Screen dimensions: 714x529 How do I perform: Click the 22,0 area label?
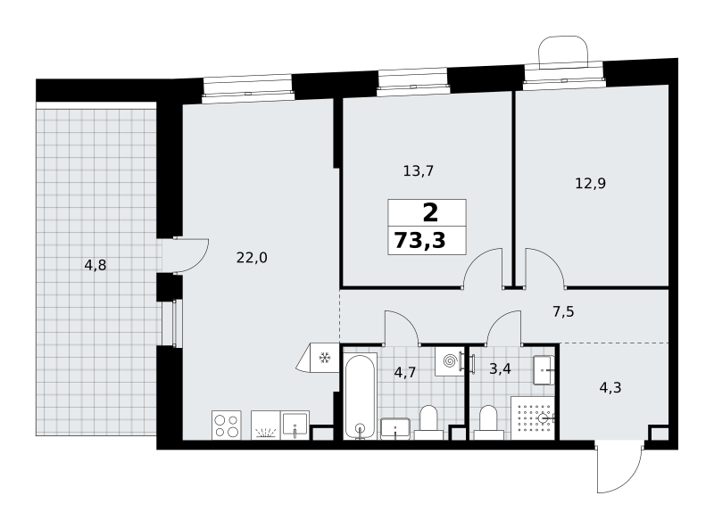click(x=252, y=258)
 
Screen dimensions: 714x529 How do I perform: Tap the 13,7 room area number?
click(x=419, y=171)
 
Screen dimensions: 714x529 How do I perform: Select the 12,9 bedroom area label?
click(x=591, y=184)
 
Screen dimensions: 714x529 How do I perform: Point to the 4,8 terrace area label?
click(x=95, y=265)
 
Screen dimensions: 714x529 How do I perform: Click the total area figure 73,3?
click(x=419, y=240)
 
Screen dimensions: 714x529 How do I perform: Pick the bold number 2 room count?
click(x=430, y=212)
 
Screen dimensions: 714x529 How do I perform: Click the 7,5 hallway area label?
click(x=563, y=312)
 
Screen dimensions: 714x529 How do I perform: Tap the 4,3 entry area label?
click(x=610, y=388)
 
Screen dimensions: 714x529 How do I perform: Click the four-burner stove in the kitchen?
click(x=227, y=426)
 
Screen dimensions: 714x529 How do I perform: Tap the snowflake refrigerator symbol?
click(x=324, y=358)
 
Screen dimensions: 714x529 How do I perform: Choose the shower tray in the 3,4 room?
click(x=533, y=417)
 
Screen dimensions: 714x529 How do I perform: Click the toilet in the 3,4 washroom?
click(x=488, y=423)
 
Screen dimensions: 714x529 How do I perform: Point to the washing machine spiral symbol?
click(x=449, y=361)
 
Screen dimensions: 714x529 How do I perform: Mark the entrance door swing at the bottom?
click(x=619, y=469)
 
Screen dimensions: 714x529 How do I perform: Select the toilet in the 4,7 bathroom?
click(x=428, y=423)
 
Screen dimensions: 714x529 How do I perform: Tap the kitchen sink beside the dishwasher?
click(x=295, y=426)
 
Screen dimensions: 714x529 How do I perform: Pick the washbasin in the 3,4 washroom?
click(x=544, y=370)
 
